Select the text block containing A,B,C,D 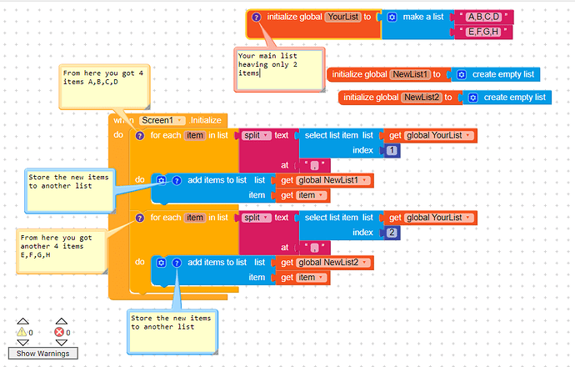pos(484,17)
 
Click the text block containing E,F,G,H pos(483,32)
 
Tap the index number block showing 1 pos(392,150)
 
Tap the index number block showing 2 pos(392,232)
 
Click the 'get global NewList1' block pos(326,180)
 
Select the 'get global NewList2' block pos(326,263)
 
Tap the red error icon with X pos(60,332)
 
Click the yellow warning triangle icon pos(22,332)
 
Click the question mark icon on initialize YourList pos(257,17)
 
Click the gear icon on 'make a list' pos(392,17)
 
